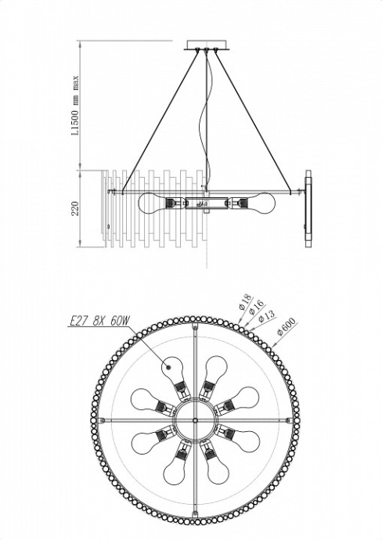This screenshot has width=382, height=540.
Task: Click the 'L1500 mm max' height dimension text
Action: [76, 106]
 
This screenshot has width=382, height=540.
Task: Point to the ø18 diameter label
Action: [243, 301]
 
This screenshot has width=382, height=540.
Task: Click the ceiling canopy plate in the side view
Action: [207, 44]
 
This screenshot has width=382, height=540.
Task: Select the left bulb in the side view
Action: [152, 203]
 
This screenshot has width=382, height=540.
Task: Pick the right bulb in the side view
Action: [262, 203]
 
